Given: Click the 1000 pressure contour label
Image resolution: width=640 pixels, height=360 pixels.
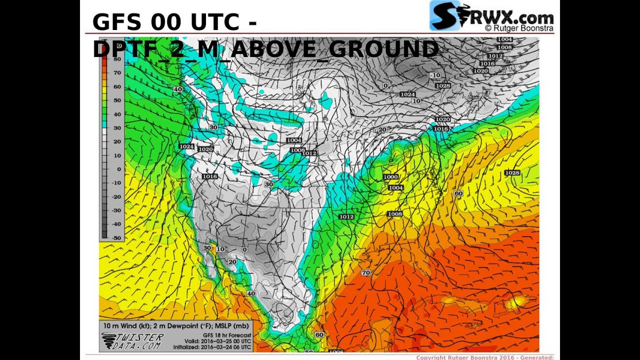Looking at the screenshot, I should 390,177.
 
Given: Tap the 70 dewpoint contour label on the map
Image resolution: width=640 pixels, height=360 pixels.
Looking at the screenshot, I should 365,273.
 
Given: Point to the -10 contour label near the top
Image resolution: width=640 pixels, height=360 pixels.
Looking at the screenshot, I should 435,75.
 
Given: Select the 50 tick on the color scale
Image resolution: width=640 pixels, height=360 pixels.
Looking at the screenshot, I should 117,100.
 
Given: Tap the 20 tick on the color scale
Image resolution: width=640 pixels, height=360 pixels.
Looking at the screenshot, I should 117,141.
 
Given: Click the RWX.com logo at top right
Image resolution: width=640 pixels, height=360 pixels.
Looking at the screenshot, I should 491,16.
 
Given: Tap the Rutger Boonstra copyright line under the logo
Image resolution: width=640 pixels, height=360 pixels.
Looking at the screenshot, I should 518,28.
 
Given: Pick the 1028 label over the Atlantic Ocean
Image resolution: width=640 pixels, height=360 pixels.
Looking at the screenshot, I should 512,173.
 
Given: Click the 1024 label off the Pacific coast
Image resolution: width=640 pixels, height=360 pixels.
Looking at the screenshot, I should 186,146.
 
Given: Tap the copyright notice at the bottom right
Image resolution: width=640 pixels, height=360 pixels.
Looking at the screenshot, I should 484,357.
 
